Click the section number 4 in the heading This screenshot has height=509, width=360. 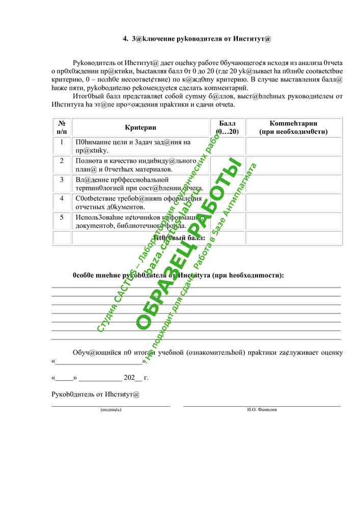click(125, 38)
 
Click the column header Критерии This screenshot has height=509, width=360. click(141, 127)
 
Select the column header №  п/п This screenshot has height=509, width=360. click(62, 127)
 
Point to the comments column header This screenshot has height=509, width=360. click(293, 127)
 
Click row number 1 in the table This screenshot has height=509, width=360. click(62, 142)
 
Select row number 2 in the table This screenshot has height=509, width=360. click(62, 161)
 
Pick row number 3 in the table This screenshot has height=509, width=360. click(62, 180)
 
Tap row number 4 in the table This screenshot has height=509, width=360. click(62, 199)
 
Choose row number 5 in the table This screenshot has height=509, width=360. click(62, 217)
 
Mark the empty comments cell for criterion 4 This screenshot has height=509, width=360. click(293, 203)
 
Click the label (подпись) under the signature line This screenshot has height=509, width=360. click(111, 409)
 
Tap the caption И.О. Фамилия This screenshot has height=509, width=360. click(262, 409)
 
